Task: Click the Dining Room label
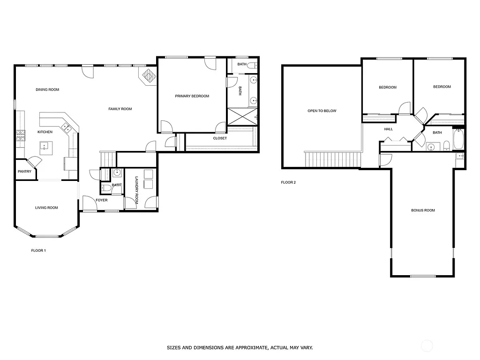click(47, 90)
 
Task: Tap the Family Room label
click(120, 109)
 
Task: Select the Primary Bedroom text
click(192, 96)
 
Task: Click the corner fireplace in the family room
click(149, 76)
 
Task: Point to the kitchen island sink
click(45, 146)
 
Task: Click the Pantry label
click(24, 172)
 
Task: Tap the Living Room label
click(46, 208)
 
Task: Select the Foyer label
click(102, 200)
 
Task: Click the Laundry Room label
click(137, 189)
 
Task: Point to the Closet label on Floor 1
click(220, 138)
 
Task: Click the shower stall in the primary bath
click(241, 116)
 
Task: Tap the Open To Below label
click(322, 111)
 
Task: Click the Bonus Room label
click(423, 210)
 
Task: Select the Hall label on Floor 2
click(389, 129)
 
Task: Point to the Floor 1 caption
click(38, 251)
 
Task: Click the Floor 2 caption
click(288, 182)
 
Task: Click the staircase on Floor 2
click(333, 159)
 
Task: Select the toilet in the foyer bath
click(106, 188)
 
